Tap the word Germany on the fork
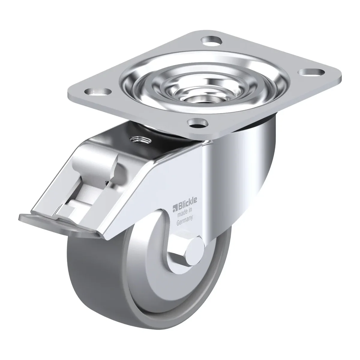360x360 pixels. click(184, 220)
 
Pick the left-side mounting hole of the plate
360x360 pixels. click(97, 91)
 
